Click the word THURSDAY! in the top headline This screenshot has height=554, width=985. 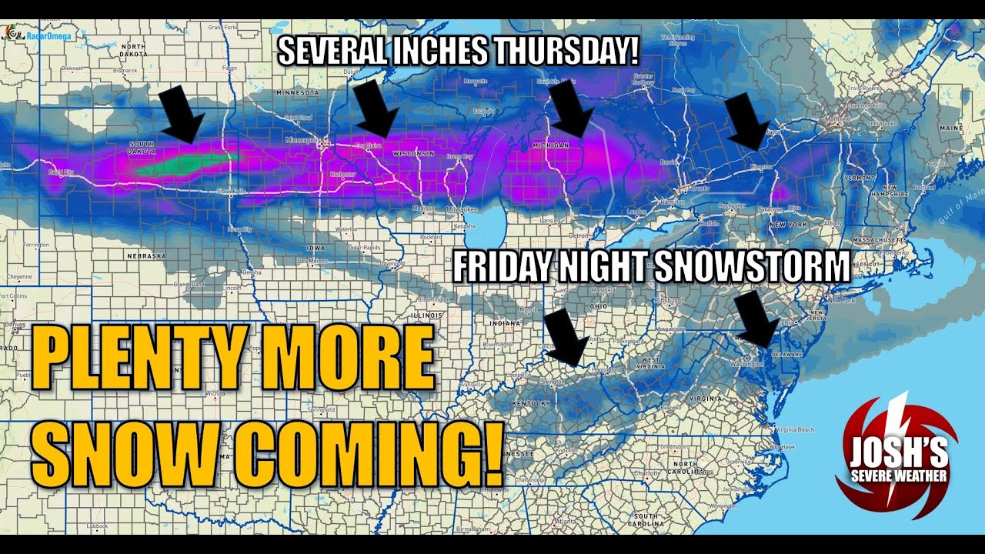(x=566, y=51)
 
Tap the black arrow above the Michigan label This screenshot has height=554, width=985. (x=570, y=108)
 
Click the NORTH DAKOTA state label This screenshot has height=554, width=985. (x=133, y=50)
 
